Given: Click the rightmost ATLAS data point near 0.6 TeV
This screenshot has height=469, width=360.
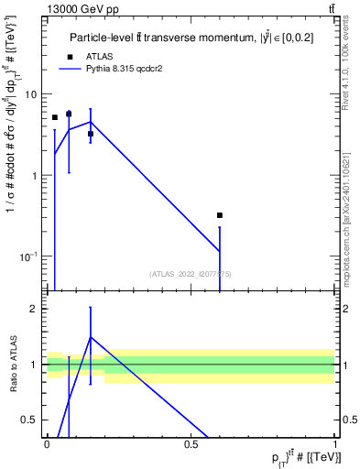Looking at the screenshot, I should click(220, 215).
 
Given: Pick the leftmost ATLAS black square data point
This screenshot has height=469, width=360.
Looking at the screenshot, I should click(55, 117).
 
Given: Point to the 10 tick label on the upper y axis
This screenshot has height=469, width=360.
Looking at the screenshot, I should click(30, 94).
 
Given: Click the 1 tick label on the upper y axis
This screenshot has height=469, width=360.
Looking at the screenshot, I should click(34, 175).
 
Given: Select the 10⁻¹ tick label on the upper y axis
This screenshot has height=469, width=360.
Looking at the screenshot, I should click(28, 255).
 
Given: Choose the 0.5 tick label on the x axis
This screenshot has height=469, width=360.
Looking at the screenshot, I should click(191, 444).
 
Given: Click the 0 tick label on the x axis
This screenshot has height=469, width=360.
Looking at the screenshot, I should click(47, 444).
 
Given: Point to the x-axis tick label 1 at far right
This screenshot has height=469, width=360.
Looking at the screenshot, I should click(336, 444).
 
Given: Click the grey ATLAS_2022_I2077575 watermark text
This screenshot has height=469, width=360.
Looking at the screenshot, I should click(191, 274).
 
